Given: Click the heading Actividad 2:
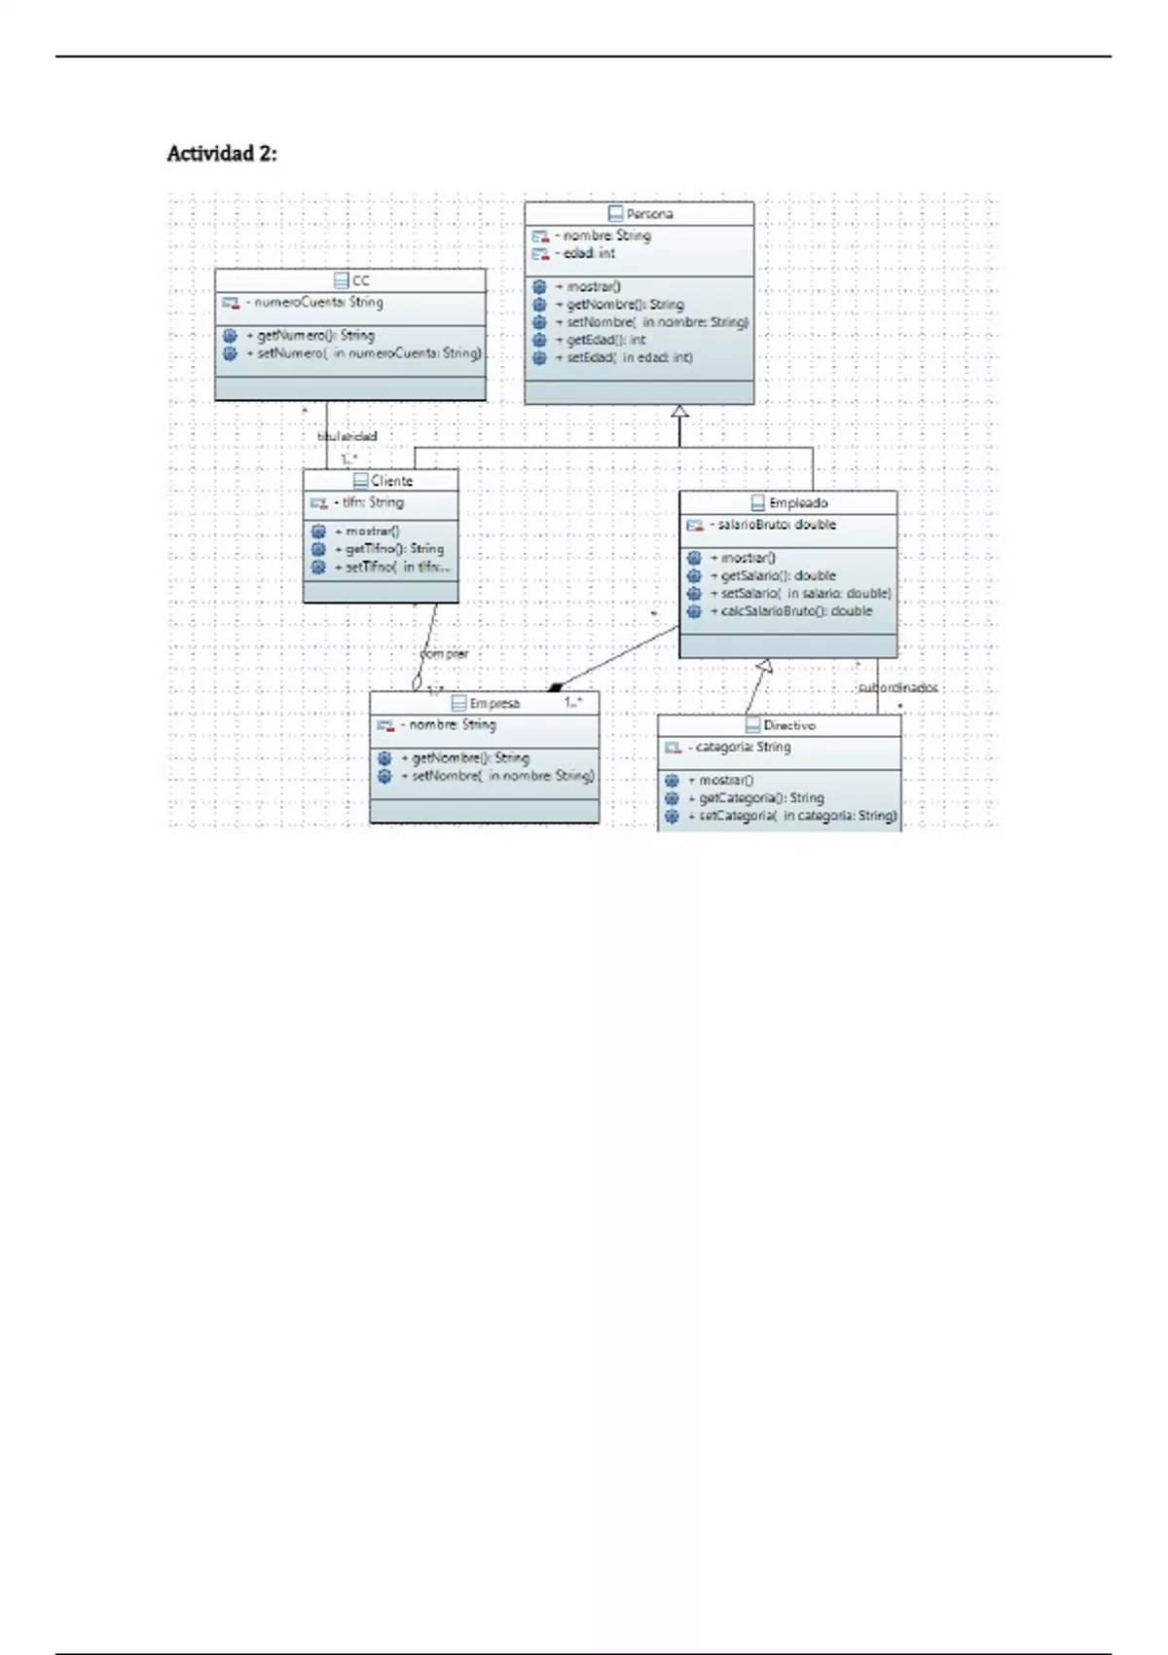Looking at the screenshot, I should pyautogui.click(x=222, y=154).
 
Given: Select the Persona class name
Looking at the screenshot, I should pyautogui.click(x=649, y=214).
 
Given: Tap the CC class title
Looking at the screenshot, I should pyautogui.click(x=360, y=280).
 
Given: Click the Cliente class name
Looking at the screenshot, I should pyautogui.click(x=391, y=481).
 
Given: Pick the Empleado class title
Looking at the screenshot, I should pyautogui.click(x=798, y=503).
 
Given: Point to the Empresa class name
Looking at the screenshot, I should pyautogui.click(x=494, y=703).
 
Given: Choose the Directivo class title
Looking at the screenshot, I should pyautogui.click(x=789, y=725).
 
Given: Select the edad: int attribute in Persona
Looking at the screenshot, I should pyautogui.click(x=589, y=253).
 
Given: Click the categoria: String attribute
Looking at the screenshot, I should pyautogui.click(x=743, y=747).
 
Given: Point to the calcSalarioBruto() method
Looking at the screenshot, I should pyautogui.click(x=796, y=611).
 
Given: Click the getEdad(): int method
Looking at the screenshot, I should pyautogui.click(x=605, y=340).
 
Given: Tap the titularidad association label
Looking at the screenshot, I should pyautogui.click(x=347, y=436).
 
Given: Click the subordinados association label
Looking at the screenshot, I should pyautogui.click(x=897, y=687).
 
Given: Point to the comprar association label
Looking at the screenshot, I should pyautogui.click(x=444, y=653).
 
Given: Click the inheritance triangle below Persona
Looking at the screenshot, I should pyautogui.click(x=679, y=412).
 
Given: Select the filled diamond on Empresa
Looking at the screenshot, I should pyautogui.click(x=556, y=687).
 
